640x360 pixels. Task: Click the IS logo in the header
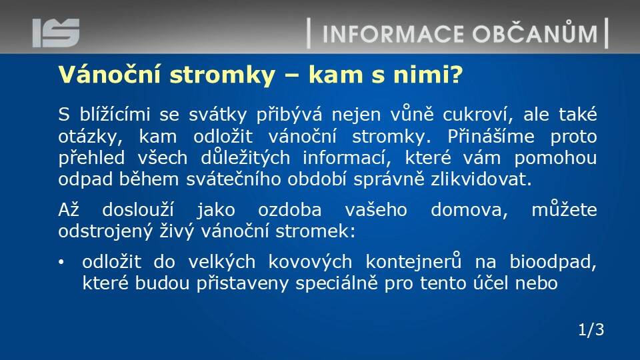[56, 33]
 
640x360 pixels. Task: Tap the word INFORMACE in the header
[393, 34]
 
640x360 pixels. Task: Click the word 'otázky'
[90, 137]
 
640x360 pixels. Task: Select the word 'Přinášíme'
[491, 136]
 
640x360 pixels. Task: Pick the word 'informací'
[344, 158]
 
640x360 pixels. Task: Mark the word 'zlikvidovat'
[481, 179]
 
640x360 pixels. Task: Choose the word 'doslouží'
[138, 210]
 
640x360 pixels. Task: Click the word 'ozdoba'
[290, 210]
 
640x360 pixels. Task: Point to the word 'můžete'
[564, 209]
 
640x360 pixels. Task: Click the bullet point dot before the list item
[61, 262]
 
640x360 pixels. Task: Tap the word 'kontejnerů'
[413, 261]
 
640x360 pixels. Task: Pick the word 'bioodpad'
[553, 261]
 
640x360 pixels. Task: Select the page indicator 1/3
[591, 329]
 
